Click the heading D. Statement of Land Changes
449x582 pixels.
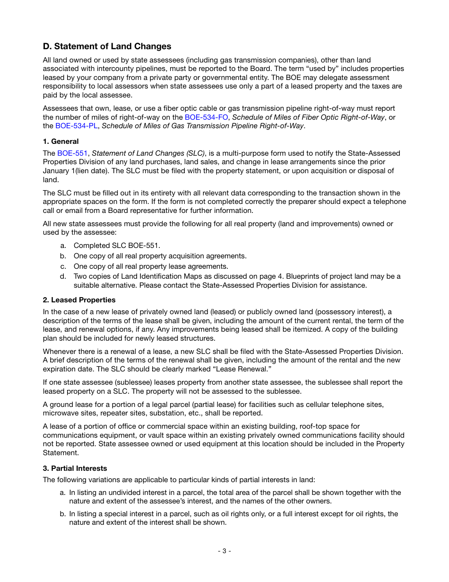click(107, 46)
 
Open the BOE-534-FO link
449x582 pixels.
click(207, 117)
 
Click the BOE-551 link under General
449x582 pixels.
click(72, 153)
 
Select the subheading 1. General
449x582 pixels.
click(61, 141)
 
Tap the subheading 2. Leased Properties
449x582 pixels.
click(79, 300)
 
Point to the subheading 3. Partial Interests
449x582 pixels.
click(75, 468)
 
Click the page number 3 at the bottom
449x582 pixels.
click(224, 551)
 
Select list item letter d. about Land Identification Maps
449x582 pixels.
click(63, 276)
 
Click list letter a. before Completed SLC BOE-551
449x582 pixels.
click(63, 246)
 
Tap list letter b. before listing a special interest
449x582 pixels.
click(63, 514)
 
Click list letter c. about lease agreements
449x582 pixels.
click(63, 266)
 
